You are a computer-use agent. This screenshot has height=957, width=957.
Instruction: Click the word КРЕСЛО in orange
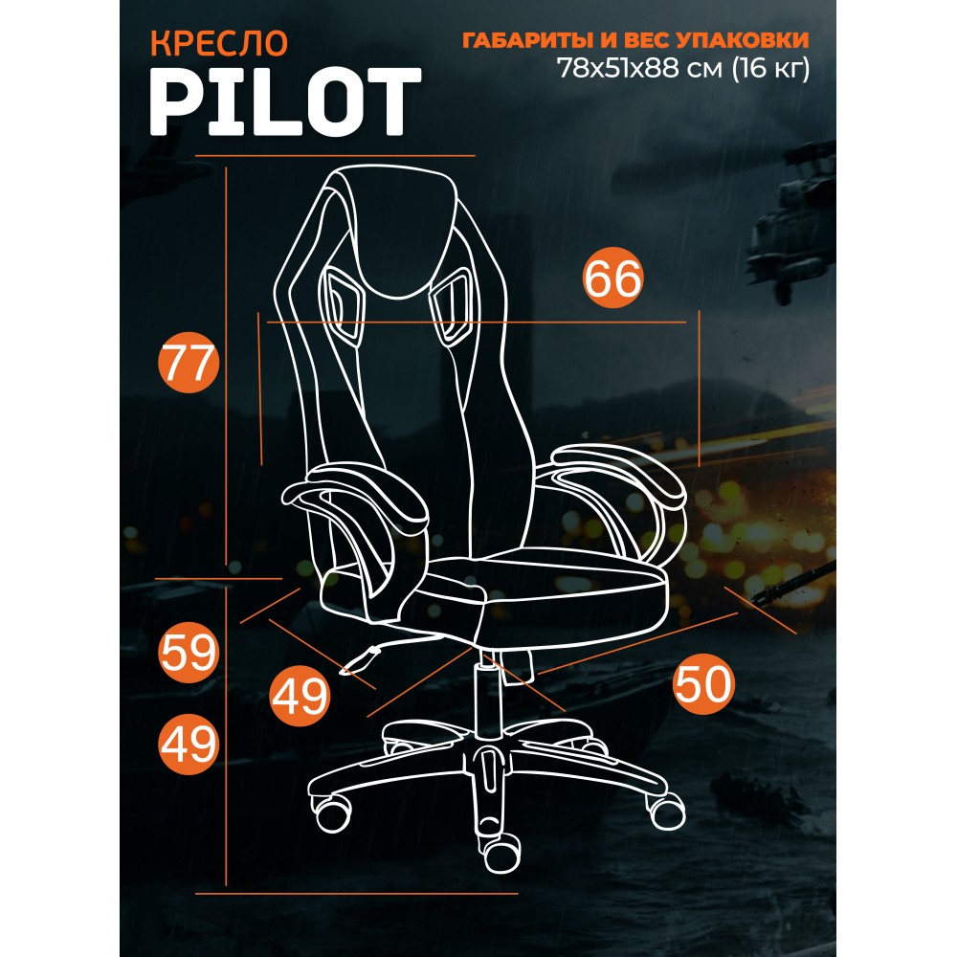(218, 43)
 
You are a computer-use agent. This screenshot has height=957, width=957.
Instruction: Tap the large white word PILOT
(285, 102)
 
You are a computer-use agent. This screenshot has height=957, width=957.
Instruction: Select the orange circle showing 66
(612, 278)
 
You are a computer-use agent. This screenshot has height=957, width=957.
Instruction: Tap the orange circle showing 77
(188, 363)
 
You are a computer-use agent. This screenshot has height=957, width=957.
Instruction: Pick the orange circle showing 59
(189, 653)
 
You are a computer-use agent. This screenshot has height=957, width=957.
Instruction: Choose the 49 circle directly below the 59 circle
(189, 744)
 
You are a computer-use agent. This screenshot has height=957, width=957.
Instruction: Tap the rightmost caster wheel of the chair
(666, 811)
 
